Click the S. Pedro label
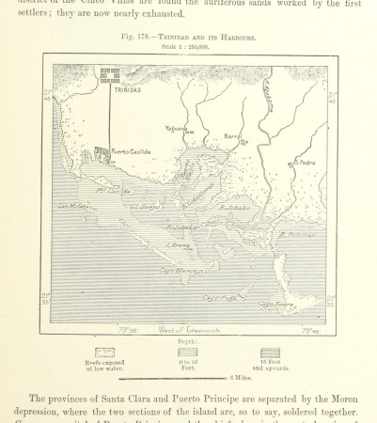tap(303, 161)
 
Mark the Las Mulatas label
tap(74, 206)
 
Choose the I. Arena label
tap(179, 245)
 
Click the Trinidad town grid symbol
tap(110, 74)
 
